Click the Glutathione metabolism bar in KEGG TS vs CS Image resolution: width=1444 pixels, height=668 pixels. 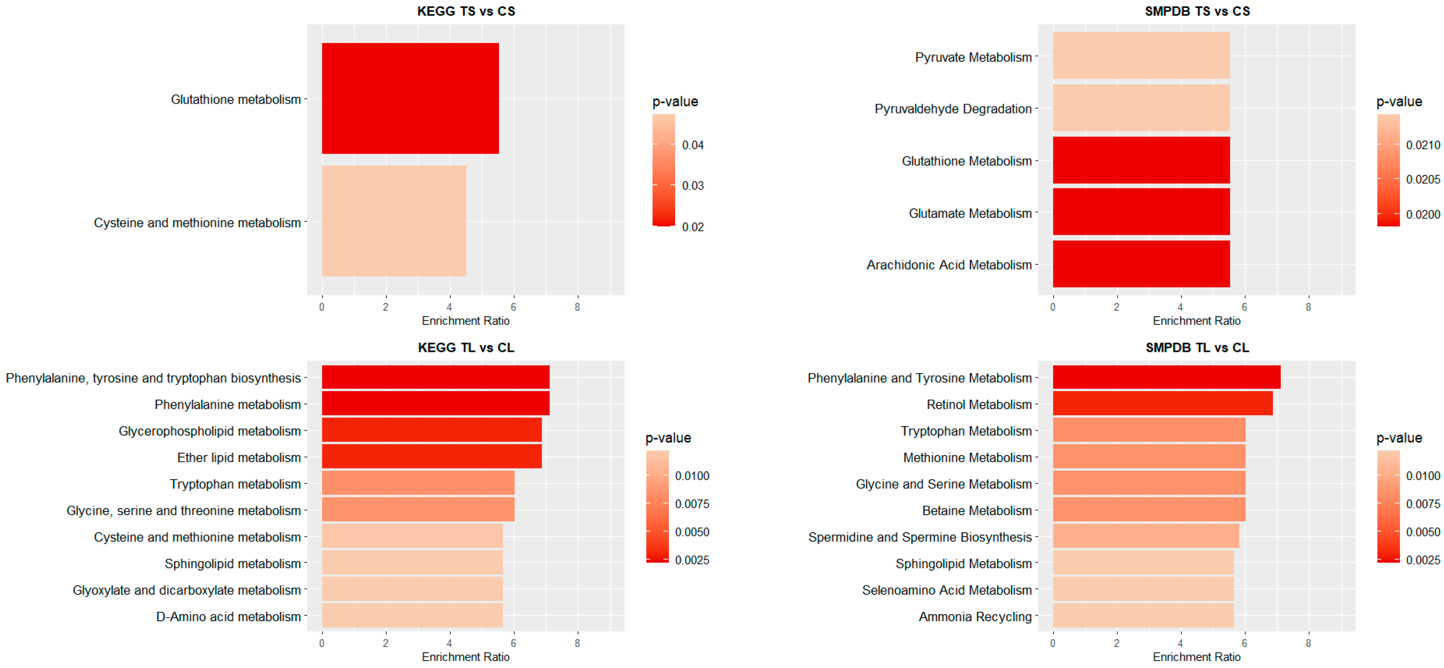click(x=410, y=98)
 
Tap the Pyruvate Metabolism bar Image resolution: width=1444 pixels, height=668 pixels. click(x=1141, y=56)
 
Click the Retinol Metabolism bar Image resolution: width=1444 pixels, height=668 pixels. click(x=1162, y=403)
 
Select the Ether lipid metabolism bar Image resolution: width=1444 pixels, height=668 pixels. click(x=431, y=456)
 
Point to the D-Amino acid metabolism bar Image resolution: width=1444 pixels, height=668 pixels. click(x=412, y=615)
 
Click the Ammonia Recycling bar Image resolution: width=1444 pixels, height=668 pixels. click(x=1142, y=615)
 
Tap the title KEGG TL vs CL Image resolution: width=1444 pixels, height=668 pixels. click(x=466, y=347)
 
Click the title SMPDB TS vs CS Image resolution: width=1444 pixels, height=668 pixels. click(x=1197, y=11)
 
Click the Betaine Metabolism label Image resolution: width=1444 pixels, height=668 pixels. click(x=977, y=511)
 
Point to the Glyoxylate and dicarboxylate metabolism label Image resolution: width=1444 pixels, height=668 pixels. click(x=186, y=590)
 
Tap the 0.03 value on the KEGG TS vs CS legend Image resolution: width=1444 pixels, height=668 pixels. click(x=692, y=186)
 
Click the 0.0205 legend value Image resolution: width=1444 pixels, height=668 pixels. click(x=1422, y=180)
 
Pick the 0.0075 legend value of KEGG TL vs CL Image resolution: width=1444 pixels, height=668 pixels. click(x=692, y=504)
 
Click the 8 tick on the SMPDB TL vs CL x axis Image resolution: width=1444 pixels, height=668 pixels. click(x=1308, y=643)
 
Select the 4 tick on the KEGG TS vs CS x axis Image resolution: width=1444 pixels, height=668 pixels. click(x=449, y=307)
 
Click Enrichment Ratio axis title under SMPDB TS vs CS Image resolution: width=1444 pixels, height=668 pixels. click(x=1196, y=321)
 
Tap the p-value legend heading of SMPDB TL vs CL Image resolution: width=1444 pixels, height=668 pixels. click(x=1399, y=437)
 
